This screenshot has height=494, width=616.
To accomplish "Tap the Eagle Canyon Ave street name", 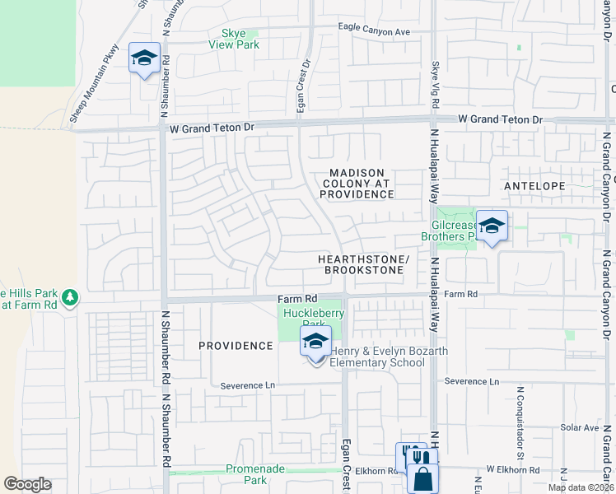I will tap(374, 30).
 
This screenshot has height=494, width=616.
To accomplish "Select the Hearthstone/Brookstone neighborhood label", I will tap(363, 264).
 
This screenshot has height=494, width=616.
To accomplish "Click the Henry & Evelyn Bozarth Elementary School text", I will tap(389, 357).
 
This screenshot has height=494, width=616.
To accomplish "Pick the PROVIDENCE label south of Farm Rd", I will tap(235, 346).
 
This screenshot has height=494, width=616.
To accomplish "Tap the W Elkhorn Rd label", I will tap(512, 469).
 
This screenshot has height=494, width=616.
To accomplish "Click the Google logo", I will tap(27, 484).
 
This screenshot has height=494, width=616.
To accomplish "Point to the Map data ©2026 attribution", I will tap(581, 487).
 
